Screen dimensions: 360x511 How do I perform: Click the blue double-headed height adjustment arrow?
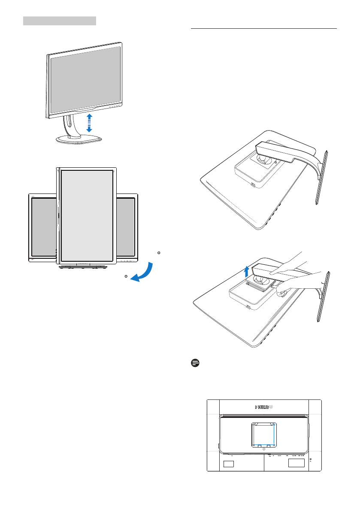click(x=89, y=123)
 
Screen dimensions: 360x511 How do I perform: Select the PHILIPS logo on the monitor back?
click(x=264, y=407)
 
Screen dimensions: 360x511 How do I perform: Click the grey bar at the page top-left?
click(x=59, y=21)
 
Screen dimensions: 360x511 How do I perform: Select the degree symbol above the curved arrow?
click(x=159, y=253)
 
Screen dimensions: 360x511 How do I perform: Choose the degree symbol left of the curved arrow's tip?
click(x=126, y=275)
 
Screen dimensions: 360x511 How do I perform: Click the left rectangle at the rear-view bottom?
click(x=229, y=464)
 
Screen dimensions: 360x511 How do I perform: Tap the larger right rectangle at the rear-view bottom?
click(x=296, y=463)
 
